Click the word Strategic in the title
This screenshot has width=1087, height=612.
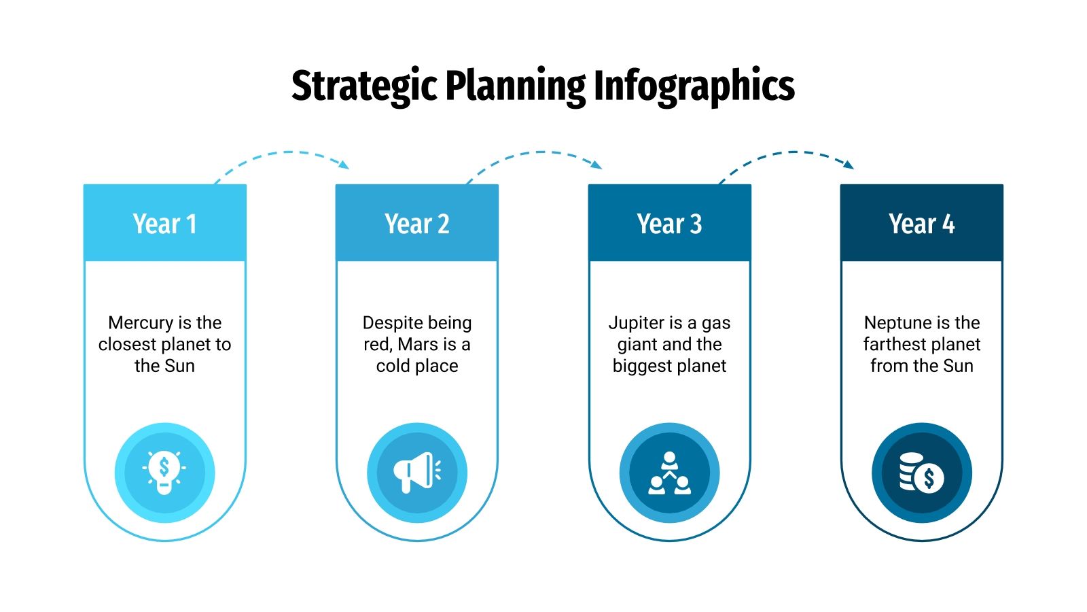(x=363, y=86)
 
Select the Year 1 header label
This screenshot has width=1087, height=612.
(x=164, y=224)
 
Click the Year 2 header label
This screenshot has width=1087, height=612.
(x=417, y=224)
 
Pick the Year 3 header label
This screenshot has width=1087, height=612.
(x=669, y=224)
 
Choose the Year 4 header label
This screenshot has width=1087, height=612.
(x=921, y=224)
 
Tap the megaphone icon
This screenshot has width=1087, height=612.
(x=416, y=472)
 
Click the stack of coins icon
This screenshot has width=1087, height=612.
(x=921, y=473)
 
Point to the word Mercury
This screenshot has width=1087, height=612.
(x=141, y=322)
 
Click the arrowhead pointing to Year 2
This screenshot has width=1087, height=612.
(x=344, y=165)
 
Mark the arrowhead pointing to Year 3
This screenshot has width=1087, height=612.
(x=597, y=165)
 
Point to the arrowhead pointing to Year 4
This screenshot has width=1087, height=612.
(x=849, y=165)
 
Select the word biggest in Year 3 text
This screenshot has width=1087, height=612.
(x=641, y=366)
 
